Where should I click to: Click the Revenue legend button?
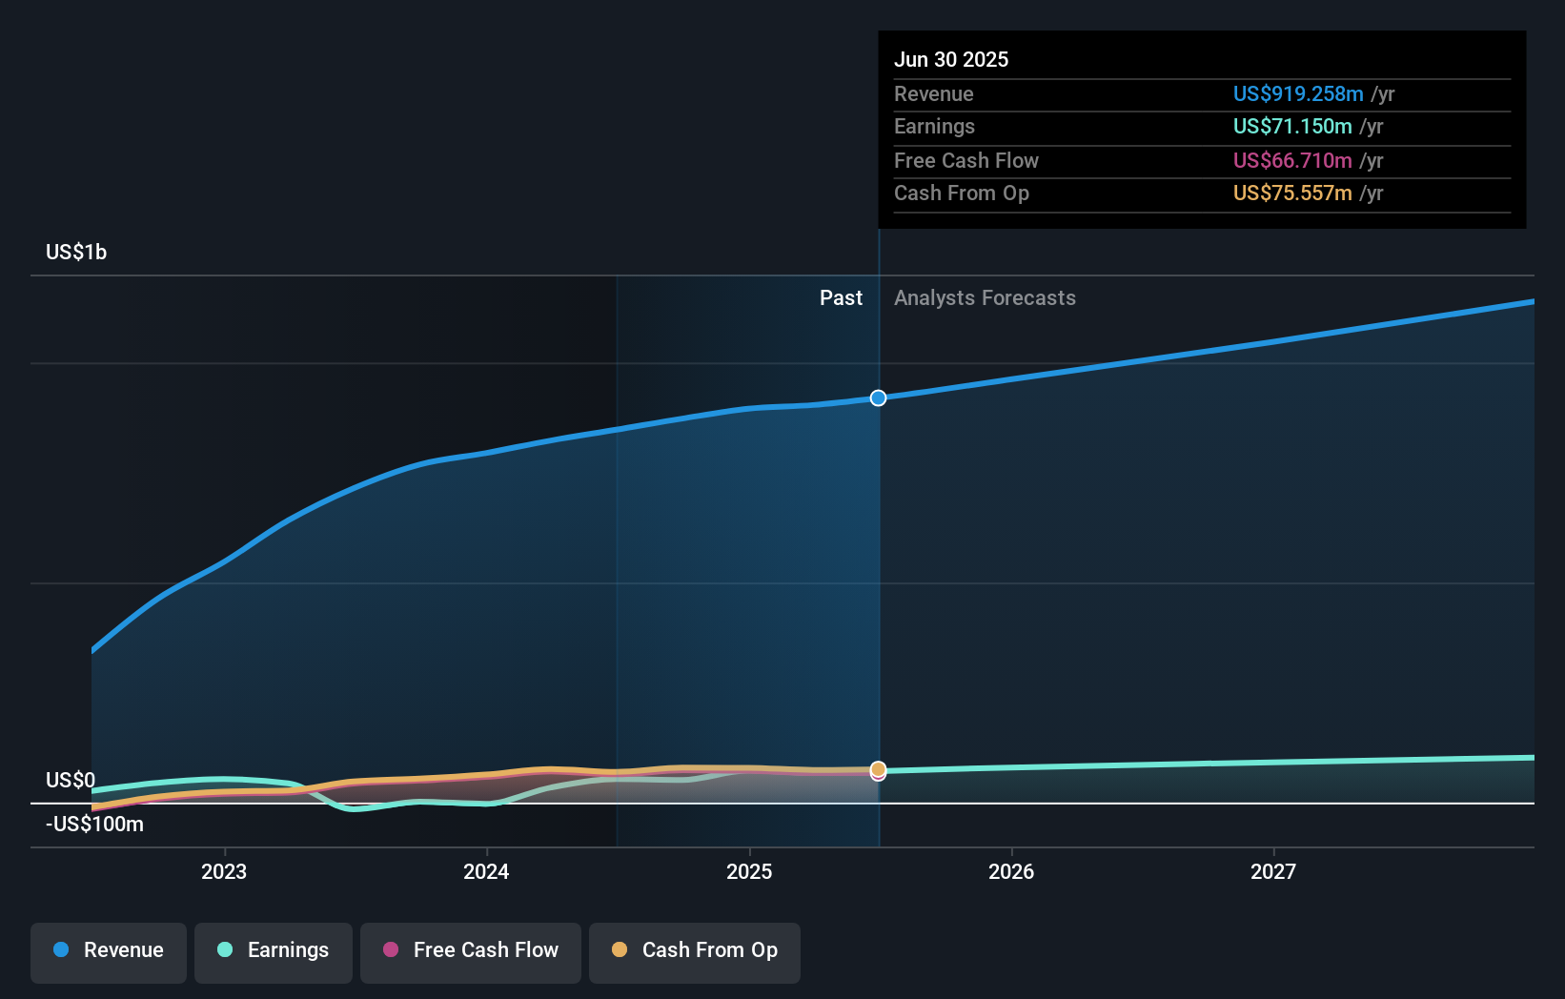click(x=109, y=950)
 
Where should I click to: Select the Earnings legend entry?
click(x=274, y=950)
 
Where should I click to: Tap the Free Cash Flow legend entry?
click(x=471, y=950)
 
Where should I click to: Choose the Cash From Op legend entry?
click(x=695, y=950)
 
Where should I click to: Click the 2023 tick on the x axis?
click(x=224, y=871)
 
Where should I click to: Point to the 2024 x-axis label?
click(x=486, y=871)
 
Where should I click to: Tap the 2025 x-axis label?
click(x=749, y=871)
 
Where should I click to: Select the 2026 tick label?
click(x=1011, y=871)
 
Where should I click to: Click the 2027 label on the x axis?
click(x=1273, y=871)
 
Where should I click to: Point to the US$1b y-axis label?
click(x=76, y=252)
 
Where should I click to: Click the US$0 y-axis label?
click(x=71, y=780)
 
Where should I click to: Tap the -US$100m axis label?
click(x=95, y=824)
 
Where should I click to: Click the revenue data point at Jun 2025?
click(x=878, y=398)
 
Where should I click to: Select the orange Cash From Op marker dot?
click(x=878, y=768)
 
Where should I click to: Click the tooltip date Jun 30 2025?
click(x=951, y=59)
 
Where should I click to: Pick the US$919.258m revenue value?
click(x=1297, y=93)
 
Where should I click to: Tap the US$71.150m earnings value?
click(x=1291, y=126)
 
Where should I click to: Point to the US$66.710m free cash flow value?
click(x=1291, y=160)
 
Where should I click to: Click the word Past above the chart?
click(x=841, y=297)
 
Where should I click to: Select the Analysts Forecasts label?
click(x=985, y=297)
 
